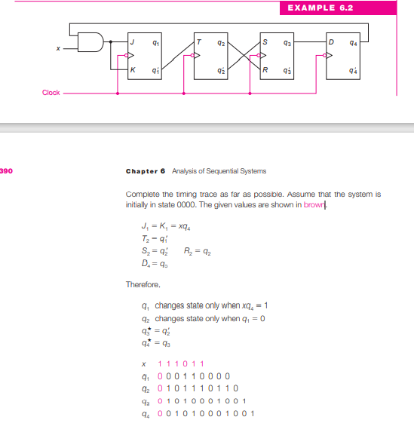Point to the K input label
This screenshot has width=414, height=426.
click(x=132, y=70)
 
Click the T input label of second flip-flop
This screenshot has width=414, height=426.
click(x=198, y=42)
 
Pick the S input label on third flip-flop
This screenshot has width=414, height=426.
click(x=264, y=42)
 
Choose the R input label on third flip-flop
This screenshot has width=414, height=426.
click(x=264, y=70)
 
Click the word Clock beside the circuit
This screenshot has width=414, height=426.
click(x=51, y=93)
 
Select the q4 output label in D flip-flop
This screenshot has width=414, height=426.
click(x=355, y=42)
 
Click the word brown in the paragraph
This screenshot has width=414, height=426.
click(x=314, y=204)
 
